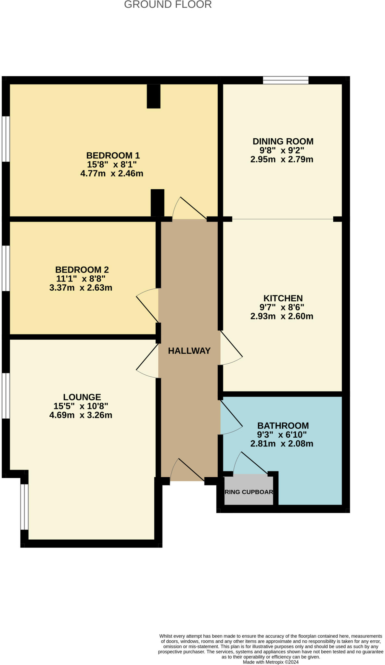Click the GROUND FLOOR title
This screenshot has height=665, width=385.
(x=168, y=5)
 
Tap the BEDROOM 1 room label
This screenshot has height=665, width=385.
(x=113, y=155)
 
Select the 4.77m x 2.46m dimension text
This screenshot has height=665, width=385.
(x=112, y=173)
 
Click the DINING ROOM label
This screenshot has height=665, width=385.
(x=283, y=141)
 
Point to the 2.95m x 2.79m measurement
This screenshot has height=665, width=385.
(x=282, y=159)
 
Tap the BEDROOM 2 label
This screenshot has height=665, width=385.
(x=82, y=270)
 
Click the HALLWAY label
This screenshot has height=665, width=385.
(x=189, y=351)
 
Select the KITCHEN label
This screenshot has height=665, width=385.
(x=283, y=298)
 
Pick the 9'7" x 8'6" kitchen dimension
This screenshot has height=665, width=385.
(x=282, y=307)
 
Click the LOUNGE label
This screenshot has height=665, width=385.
(x=82, y=397)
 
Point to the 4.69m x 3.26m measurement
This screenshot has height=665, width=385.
(x=81, y=415)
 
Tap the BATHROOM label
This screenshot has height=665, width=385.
(x=283, y=425)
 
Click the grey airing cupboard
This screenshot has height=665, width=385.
(x=249, y=491)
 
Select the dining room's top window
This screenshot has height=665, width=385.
(x=285, y=80)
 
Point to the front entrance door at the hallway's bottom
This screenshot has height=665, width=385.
(x=187, y=471)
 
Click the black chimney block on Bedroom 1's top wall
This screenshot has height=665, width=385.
(x=153, y=96)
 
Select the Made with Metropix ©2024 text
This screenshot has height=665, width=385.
(x=270, y=662)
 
